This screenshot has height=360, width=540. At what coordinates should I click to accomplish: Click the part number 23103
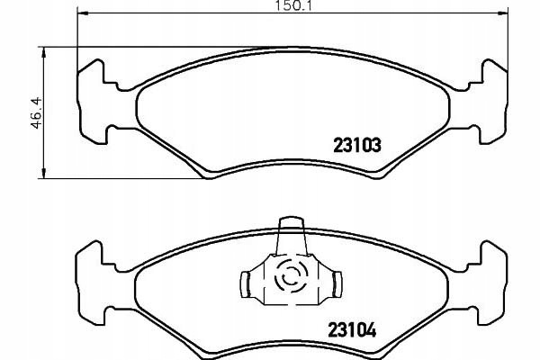click(x=357, y=145)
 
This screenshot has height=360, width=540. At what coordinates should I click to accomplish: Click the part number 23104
click(x=352, y=330)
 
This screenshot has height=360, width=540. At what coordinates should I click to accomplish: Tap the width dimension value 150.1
click(x=292, y=5)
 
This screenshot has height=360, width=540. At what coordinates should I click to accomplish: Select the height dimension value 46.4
click(x=37, y=113)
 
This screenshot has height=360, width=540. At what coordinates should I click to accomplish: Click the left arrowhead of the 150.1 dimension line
click(x=83, y=13)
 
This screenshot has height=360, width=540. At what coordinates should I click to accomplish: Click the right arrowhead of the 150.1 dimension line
click(x=503, y=13)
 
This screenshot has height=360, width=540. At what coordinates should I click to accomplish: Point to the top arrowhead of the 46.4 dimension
click(x=43, y=52)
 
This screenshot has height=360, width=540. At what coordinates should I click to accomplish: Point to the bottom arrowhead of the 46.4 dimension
click(x=43, y=174)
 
